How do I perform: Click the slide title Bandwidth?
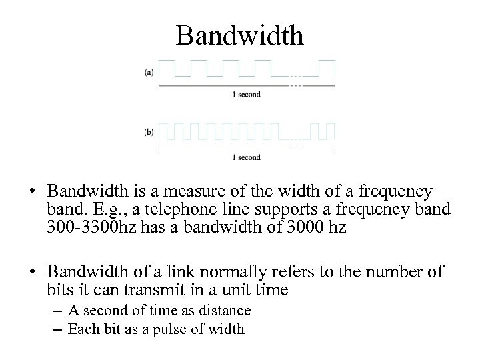tap(239, 35)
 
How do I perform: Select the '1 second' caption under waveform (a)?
tap(246, 95)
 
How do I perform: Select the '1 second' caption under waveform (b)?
tap(246, 157)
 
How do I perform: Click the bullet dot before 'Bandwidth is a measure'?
tap(33, 192)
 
